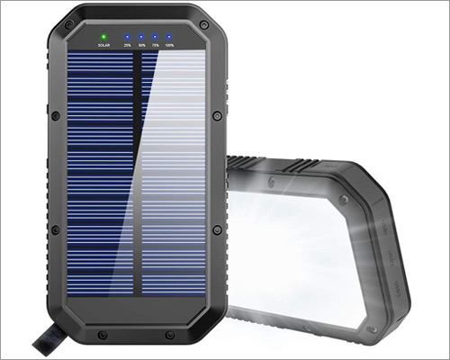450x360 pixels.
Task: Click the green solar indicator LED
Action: pyautogui.click(x=103, y=36)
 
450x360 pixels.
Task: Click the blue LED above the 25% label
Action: pyautogui.click(x=127, y=36)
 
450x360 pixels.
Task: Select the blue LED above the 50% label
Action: pyautogui.click(x=142, y=36)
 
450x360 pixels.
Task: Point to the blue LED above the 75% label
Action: pyautogui.click(x=157, y=36)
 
